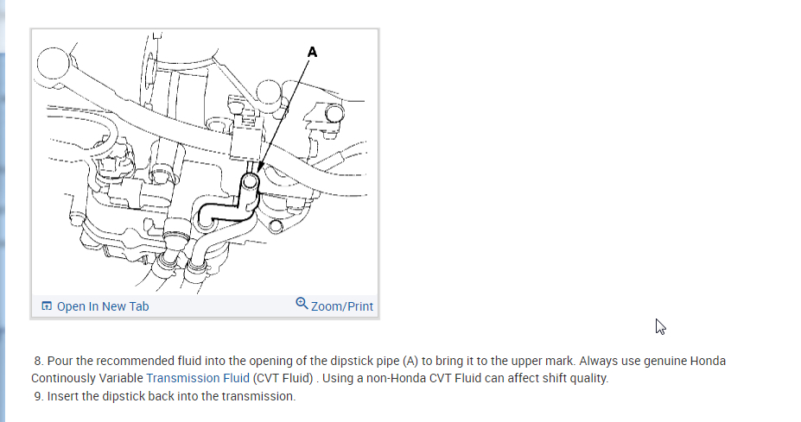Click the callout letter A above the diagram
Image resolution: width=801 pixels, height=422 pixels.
[x=312, y=52]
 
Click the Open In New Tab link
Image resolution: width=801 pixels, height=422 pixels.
[x=103, y=306]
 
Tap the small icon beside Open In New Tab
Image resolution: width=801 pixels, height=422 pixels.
[x=47, y=306]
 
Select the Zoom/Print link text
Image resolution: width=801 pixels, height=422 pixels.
[x=342, y=306]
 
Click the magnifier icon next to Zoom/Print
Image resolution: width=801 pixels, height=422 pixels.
[x=302, y=304]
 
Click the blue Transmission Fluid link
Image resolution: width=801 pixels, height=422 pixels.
[x=199, y=378]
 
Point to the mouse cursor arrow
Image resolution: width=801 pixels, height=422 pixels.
[x=660, y=326]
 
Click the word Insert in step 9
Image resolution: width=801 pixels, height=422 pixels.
[x=64, y=396]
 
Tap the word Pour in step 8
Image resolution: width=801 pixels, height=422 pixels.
[x=60, y=361]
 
